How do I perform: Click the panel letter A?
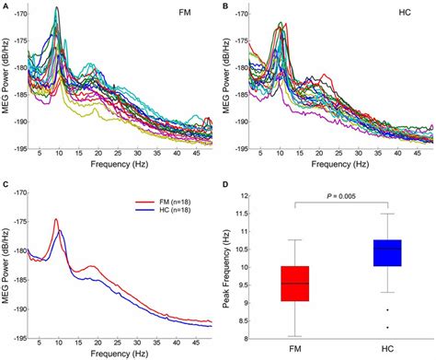[6, 6]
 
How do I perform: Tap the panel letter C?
[6, 185]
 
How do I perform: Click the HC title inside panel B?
[406, 16]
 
